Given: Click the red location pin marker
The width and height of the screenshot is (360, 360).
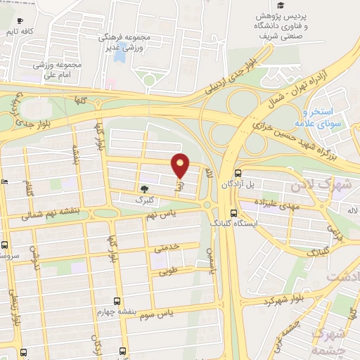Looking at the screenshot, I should pos(181,166).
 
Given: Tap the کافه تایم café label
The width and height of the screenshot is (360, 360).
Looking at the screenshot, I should pos(18,32).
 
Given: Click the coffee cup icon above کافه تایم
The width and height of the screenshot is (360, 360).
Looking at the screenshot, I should pos(19,20).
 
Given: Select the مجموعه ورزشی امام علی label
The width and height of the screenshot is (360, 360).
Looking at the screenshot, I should pos(56,68).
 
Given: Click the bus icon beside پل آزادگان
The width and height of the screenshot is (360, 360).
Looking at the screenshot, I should pos(238,172).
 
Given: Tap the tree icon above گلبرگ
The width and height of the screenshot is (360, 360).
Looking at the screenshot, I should pos(145,188).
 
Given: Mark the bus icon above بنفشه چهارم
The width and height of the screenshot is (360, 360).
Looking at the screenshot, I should pos(117,300).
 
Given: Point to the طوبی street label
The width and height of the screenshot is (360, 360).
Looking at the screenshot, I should pos(169,270).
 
